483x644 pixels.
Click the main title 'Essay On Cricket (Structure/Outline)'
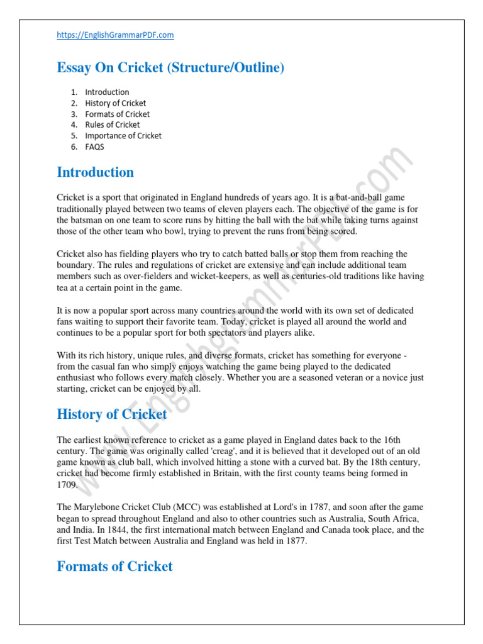[x=170, y=68]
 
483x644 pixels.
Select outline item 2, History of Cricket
[x=116, y=103]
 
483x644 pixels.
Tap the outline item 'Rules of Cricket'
[x=113, y=125]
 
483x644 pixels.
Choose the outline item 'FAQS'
[x=95, y=147]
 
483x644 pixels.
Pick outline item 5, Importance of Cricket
[x=123, y=136]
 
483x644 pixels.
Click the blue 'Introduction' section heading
[x=95, y=172]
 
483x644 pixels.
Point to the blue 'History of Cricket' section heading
[x=111, y=414]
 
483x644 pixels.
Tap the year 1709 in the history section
[x=67, y=485]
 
